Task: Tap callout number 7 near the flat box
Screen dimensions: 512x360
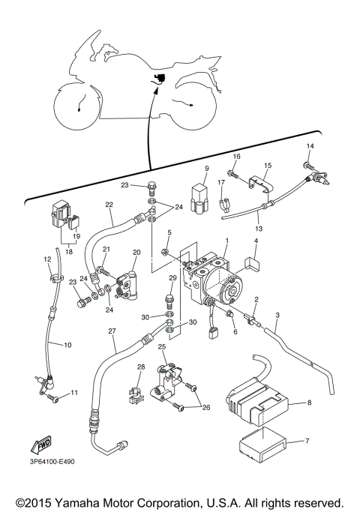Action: [305, 442]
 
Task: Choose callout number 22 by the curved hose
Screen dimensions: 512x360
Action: [109, 205]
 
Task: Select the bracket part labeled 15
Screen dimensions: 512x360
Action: [258, 180]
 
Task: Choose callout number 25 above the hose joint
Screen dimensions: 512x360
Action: [161, 347]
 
